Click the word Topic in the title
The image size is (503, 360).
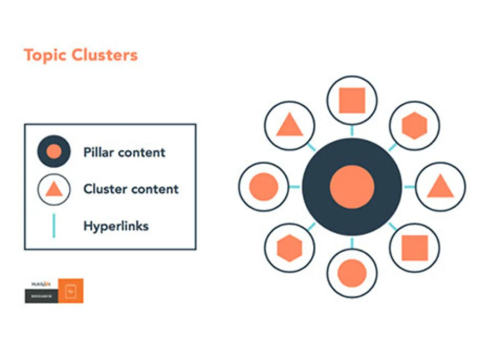(44, 55)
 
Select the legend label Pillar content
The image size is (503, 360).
(124, 152)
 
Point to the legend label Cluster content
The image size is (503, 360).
(131, 189)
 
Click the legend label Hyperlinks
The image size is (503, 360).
(116, 226)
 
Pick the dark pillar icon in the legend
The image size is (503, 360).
(54, 152)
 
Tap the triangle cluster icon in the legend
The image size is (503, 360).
(54, 189)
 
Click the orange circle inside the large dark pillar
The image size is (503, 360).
(352, 187)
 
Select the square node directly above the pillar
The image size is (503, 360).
(352, 101)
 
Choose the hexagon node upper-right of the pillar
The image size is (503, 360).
(414, 125)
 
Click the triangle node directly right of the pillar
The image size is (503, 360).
(440, 187)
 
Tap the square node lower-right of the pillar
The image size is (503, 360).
(414, 248)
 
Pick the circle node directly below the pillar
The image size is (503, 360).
(352, 273)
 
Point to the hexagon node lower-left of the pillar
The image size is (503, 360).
(290, 248)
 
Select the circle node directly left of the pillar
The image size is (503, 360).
(264, 187)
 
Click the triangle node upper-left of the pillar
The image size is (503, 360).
(290, 125)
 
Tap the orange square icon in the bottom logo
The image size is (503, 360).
(71, 291)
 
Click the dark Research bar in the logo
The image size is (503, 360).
(42, 297)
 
